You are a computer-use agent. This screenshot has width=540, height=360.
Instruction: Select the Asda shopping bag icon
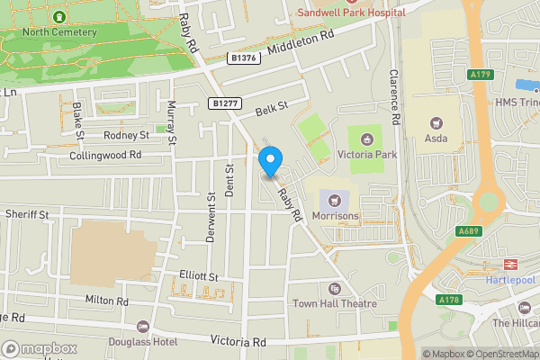click(437, 122)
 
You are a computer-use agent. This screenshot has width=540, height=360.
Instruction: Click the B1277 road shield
click(225, 103)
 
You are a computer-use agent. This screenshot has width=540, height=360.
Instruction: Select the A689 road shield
click(468, 230)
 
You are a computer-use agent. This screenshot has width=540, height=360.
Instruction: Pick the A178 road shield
click(448, 299)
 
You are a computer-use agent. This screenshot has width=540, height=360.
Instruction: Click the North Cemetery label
click(59, 32)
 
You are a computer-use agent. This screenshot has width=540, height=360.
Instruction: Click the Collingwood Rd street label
click(105, 156)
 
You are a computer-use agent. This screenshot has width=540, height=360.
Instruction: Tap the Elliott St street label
click(199, 275)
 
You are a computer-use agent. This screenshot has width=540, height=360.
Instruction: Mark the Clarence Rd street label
click(393, 96)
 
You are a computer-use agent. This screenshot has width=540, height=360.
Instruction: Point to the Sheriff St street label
click(28, 214)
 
